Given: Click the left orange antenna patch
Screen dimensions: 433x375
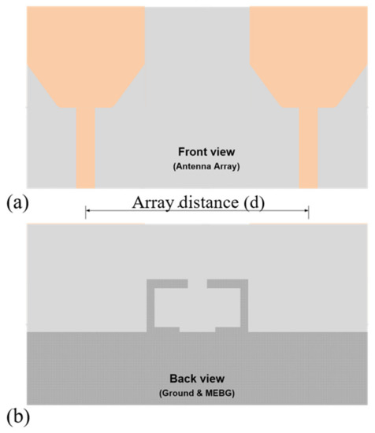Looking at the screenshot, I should (x=87, y=55).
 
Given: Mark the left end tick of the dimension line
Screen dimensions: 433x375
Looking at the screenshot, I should (x=85, y=211).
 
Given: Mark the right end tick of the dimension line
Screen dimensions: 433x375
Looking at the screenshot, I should (x=309, y=211).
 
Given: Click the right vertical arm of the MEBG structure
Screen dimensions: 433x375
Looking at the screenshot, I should (x=244, y=307).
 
